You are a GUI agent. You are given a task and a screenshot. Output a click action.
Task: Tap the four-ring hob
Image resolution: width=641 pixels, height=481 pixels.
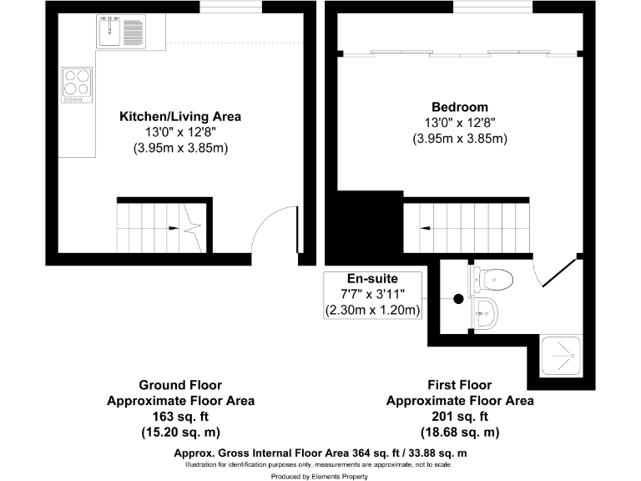[77, 85]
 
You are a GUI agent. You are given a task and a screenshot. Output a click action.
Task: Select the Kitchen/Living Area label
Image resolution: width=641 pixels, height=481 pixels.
[181, 116]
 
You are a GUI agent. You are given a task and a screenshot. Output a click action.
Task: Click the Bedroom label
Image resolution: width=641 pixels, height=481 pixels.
[459, 107]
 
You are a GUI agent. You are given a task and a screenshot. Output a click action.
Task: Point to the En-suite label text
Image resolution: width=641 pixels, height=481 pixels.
[372, 278]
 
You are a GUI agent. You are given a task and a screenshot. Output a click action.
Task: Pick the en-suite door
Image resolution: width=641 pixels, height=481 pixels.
[558, 273]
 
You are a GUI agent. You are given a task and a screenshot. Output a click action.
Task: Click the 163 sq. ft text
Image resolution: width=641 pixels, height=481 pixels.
[180, 416]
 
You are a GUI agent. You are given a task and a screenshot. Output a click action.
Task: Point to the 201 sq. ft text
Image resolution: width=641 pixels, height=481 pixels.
[459, 416]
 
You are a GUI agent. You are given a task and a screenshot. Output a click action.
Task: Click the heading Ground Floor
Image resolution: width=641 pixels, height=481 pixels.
[180, 385]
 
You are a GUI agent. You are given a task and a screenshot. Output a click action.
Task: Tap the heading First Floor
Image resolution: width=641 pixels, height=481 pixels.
[459, 385]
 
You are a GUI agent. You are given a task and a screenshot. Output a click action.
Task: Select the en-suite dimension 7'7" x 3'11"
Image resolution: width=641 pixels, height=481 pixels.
[372, 295]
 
